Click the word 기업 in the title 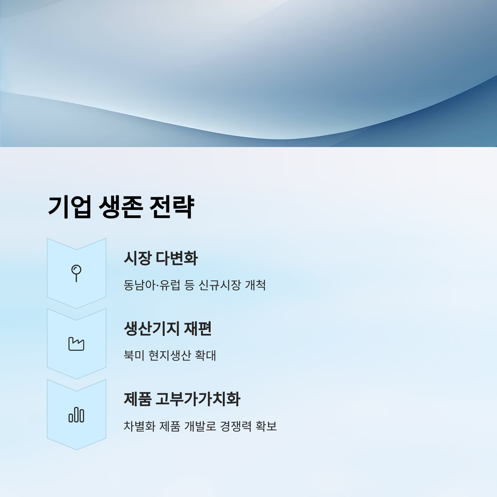(69, 207)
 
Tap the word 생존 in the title (120, 207)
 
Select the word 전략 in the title (172, 207)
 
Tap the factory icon (76, 344)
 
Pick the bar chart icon (76, 414)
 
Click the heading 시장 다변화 (161, 258)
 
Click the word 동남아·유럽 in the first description (152, 285)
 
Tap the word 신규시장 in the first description (220, 285)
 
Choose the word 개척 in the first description (255, 285)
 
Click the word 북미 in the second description (134, 356)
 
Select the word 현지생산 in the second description (170, 356)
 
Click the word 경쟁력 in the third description (236, 426)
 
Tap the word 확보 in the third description (266, 426)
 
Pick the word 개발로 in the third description (200, 426)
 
